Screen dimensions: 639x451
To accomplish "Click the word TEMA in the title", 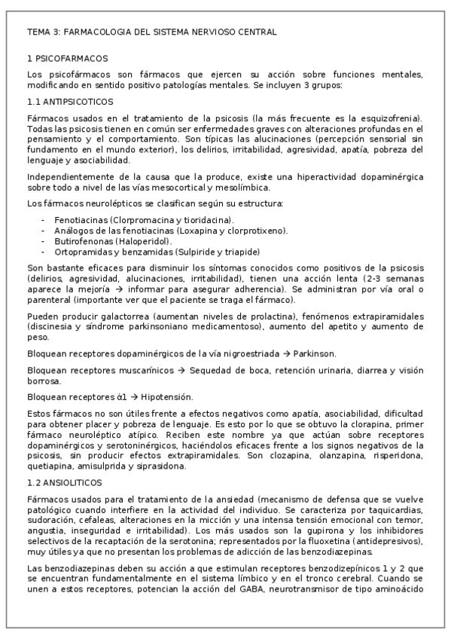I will tap(38, 32).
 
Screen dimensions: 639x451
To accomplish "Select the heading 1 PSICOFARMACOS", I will tap(67, 58).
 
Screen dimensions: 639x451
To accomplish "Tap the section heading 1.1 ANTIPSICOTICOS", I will tap(69, 101).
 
